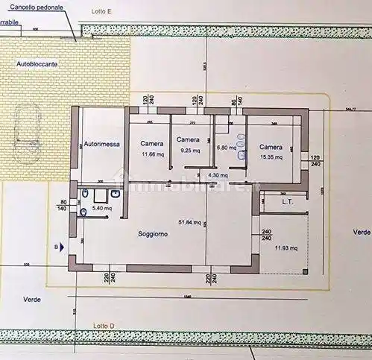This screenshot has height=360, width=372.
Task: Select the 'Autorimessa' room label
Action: coord(102,144)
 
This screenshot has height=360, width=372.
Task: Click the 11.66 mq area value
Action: coord(152,155)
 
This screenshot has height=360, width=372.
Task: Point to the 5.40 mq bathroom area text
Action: coord(101,209)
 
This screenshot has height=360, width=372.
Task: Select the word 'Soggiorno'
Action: coord(153,234)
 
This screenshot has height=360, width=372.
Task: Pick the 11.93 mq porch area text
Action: coord(286,247)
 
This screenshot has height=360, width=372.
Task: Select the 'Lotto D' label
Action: coord(104,326)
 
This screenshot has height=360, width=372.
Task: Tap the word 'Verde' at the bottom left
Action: coord(31,299)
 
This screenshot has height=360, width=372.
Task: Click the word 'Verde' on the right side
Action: coord(362,232)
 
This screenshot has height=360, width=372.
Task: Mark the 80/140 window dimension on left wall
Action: coord(63,206)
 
